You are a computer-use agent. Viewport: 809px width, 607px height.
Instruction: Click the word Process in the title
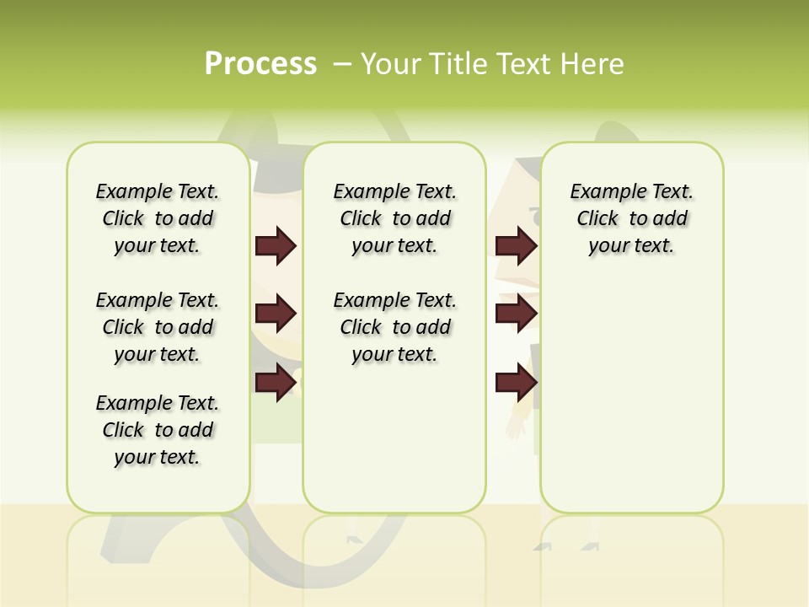[260, 64]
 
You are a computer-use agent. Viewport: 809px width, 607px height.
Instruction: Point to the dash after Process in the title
[342, 64]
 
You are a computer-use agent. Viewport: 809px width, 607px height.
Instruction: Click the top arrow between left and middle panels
[276, 246]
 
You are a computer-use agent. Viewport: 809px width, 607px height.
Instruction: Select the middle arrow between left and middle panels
[276, 314]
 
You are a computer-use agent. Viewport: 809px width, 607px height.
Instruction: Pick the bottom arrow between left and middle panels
[276, 383]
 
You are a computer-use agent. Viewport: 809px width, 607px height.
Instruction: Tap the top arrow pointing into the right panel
[516, 246]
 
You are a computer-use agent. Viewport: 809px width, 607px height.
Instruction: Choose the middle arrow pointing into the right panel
[516, 314]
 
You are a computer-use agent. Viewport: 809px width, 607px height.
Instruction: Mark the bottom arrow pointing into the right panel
[516, 383]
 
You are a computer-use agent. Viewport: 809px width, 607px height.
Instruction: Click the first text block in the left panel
[158, 218]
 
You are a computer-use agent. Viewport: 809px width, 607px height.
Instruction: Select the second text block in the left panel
[158, 327]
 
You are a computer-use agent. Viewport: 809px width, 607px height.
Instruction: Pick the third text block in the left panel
[158, 430]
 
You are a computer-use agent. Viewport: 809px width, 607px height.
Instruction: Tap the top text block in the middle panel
[394, 218]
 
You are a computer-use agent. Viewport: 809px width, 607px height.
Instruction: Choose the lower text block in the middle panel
[394, 327]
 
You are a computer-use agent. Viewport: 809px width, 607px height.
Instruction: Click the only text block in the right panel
[631, 218]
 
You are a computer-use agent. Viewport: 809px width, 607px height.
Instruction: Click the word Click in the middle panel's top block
[361, 219]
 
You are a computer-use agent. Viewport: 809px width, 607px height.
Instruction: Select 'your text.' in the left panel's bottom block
[158, 457]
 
